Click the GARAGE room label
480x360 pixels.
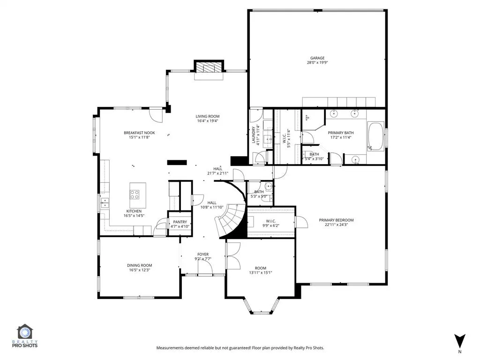(317, 58)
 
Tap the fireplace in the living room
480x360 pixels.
(210, 67)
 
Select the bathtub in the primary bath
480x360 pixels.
(376, 136)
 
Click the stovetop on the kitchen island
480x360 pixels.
(135, 194)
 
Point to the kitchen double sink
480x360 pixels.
(105, 202)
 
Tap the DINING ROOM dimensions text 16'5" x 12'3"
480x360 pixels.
(140, 270)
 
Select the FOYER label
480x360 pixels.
(203, 255)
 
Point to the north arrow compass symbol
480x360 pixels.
(459, 340)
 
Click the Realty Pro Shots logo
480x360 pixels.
(27, 336)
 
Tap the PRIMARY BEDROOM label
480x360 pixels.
(336, 220)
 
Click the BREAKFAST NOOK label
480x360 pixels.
(139, 133)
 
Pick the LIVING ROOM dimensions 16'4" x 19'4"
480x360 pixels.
(208, 121)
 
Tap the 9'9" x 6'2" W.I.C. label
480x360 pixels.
(270, 226)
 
